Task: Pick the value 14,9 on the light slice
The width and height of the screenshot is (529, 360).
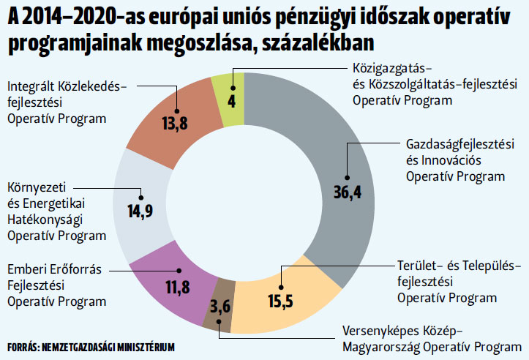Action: click(140, 211)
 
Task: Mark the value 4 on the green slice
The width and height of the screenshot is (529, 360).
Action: click(231, 100)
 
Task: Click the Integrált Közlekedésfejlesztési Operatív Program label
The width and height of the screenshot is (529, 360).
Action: click(67, 102)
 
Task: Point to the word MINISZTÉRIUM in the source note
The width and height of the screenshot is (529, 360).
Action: click(149, 347)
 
